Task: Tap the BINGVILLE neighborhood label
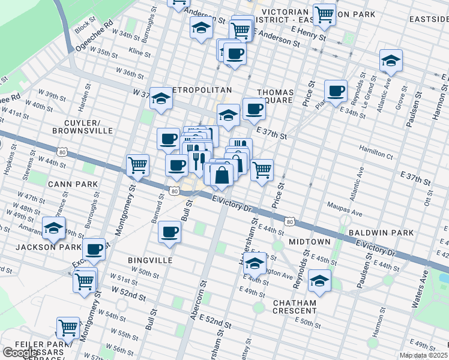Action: pyautogui.click(x=150, y=260)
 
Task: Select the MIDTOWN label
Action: pyautogui.click(x=310, y=241)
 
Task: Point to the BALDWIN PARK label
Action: pyautogui.click(x=385, y=232)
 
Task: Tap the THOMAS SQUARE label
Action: pyautogui.click(x=276, y=97)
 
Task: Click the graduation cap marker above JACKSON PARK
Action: pyautogui.click(x=53, y=227)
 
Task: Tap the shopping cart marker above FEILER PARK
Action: pyautogui.click(x=68, y=328)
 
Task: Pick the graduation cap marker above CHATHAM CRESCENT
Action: pyautogui.click(x=319, y=280)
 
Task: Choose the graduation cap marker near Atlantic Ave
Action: pyautogui.click(x=391, y=61)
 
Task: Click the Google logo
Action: pyautogui.click(x=21, y=353)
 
